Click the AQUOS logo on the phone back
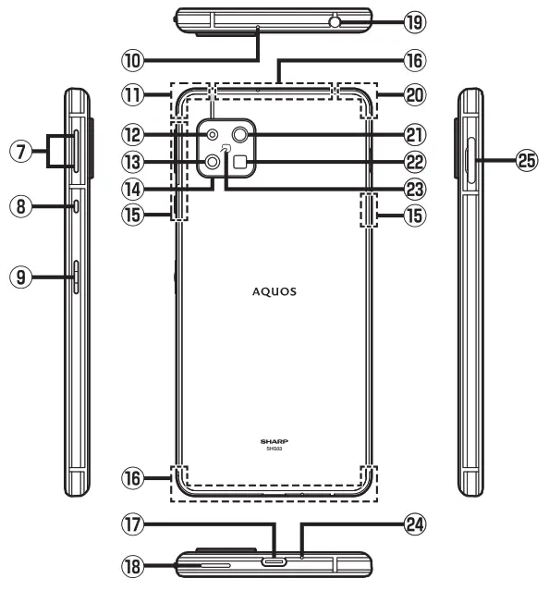point(274,289)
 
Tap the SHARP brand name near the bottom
point(274,444)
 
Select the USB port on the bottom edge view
point(274,560)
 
